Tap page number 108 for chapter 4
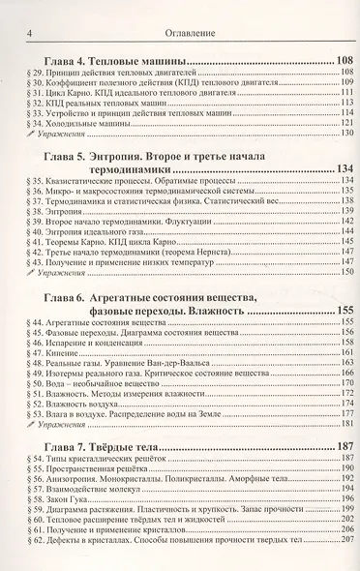click(x=340, y=62)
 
